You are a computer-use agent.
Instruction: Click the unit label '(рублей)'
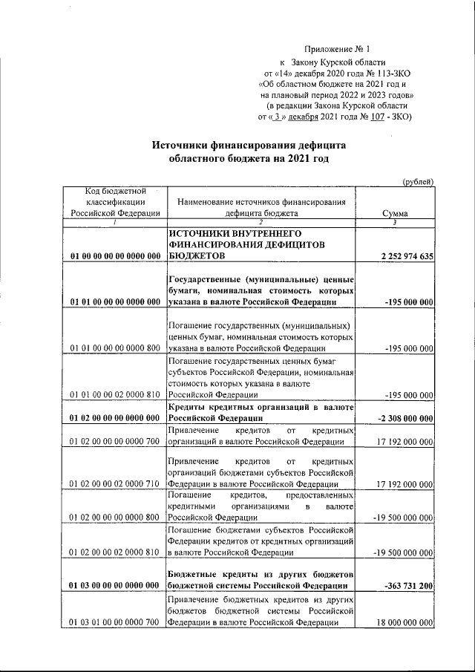pos(418,182)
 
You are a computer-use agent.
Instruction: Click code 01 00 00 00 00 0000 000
pos(115,256)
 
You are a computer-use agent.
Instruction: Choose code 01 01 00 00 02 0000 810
pos(115,395)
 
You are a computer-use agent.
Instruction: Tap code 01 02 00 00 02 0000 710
pos(115,484)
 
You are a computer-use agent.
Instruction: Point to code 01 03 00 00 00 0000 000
pos(115,586)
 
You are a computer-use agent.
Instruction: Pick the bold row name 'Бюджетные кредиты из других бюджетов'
pos(260,575)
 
